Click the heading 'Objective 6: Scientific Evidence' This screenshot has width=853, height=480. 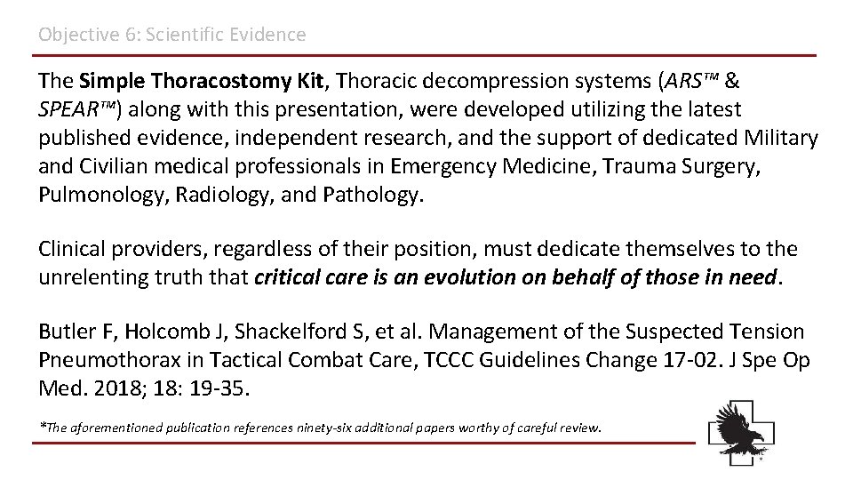click(171, 35)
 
